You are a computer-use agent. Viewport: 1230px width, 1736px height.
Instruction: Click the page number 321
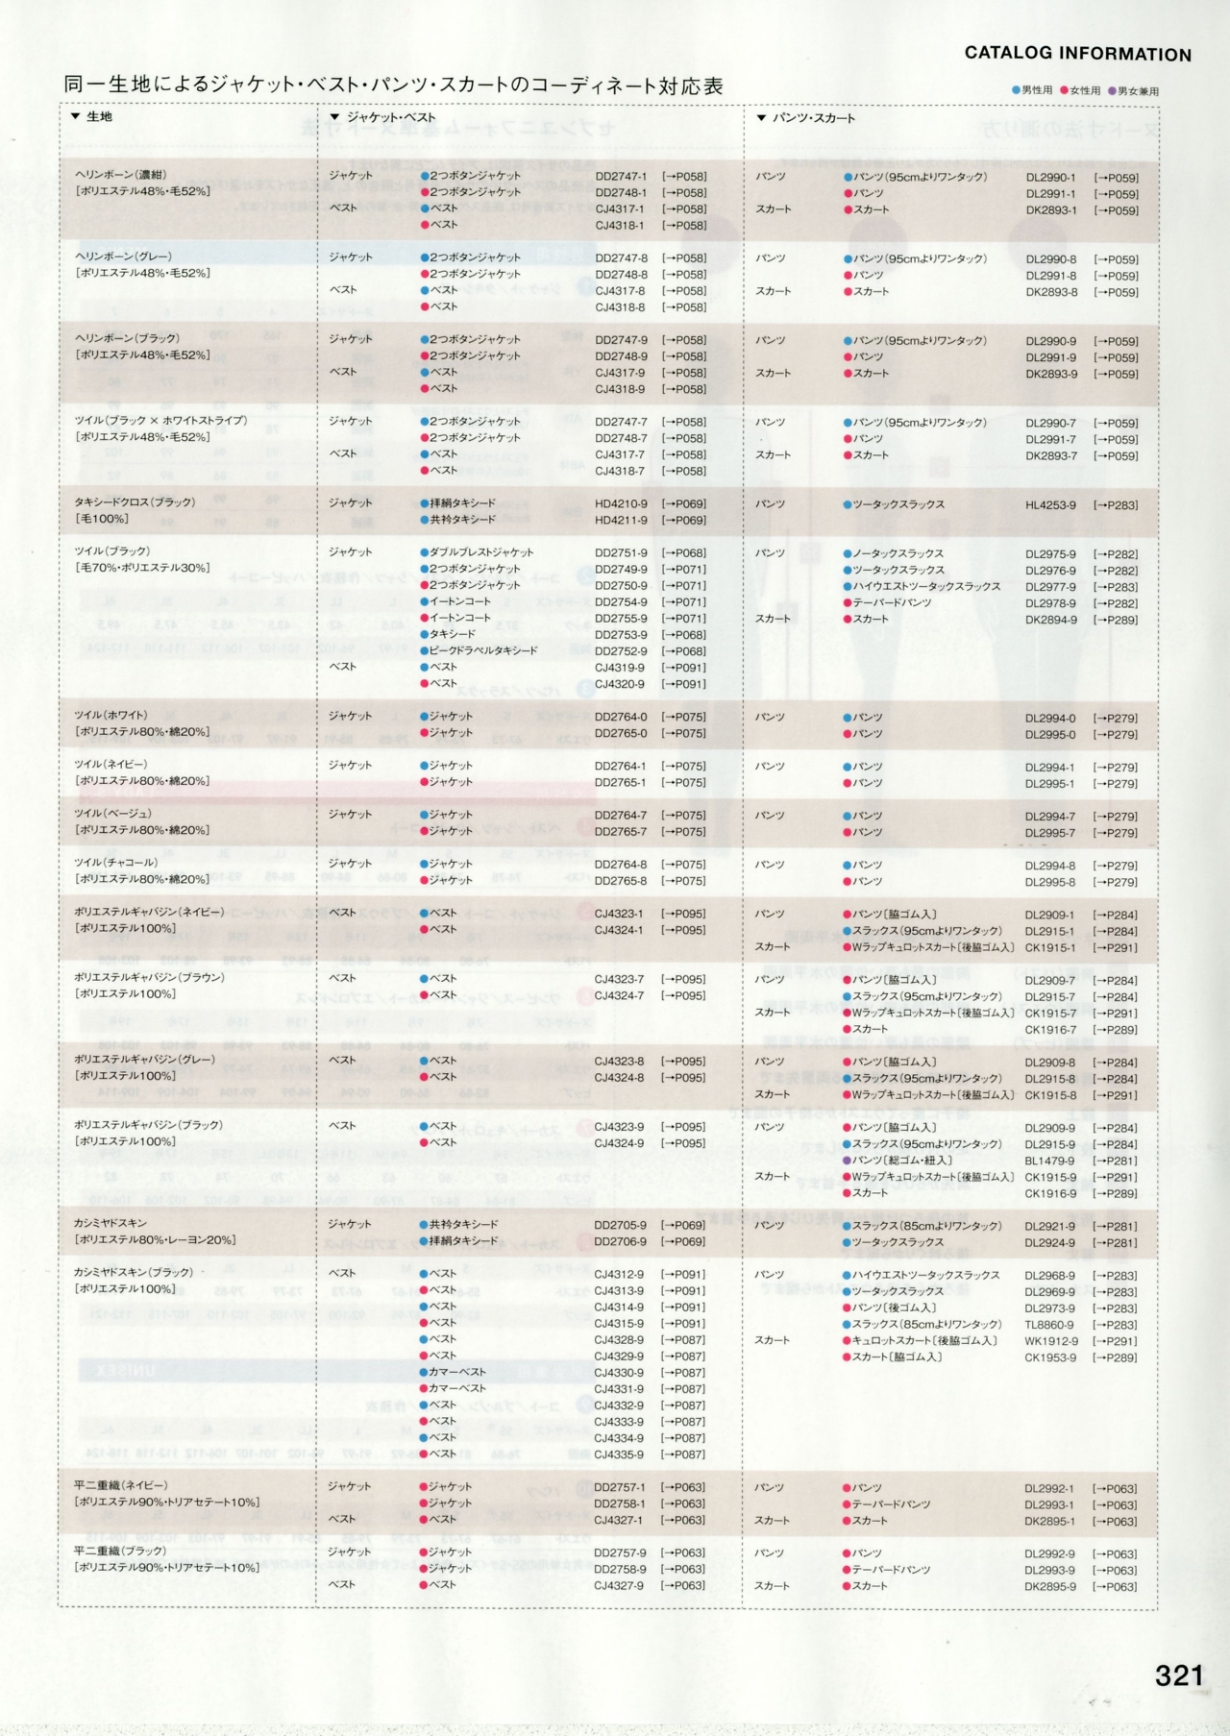(1179, 1675)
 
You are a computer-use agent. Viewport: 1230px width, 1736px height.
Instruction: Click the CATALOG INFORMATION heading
(1077, 54)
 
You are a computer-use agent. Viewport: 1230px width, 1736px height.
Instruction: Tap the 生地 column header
(99, 116)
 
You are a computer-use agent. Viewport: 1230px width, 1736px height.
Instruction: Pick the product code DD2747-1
(621, 177)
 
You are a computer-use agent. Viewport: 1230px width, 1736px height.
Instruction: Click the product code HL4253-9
(1050, 505)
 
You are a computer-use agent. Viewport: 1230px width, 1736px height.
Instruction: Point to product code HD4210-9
(621, 503)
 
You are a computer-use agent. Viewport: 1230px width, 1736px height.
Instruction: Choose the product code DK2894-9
(1050, 620)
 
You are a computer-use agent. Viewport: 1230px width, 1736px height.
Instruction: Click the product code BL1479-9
(1049, 1161)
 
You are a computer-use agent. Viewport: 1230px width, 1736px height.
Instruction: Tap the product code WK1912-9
(1050, 1341)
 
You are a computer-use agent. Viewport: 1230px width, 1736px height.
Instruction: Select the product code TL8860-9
(1049, 1325)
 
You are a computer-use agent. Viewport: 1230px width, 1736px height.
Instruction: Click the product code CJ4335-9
(619, 1455)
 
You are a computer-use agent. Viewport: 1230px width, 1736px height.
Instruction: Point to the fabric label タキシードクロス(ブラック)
(135, 502)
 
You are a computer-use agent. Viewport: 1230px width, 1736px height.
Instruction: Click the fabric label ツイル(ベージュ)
(113, 814)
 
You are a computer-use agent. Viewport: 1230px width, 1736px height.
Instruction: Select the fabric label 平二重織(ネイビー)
(120, 1485)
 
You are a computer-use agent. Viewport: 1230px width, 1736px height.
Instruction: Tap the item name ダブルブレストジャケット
(481, 552)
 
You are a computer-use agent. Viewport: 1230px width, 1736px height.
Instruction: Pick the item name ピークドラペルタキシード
(483, 650)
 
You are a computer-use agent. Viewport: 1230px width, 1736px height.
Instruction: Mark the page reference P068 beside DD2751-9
(683, 553)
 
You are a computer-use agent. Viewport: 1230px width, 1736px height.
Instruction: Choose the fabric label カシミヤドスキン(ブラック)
(134, 1272)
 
